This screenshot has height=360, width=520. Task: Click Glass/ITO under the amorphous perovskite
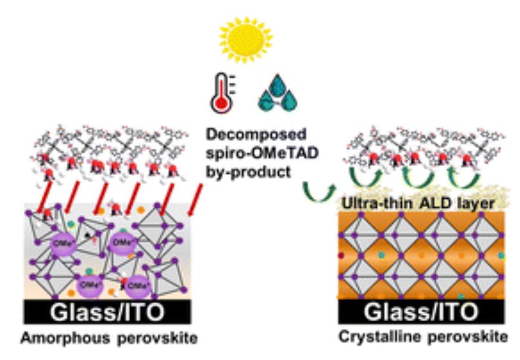[107, 311]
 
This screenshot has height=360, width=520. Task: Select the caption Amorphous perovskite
[109, 339]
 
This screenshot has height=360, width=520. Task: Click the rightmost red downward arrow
[195, 199]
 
